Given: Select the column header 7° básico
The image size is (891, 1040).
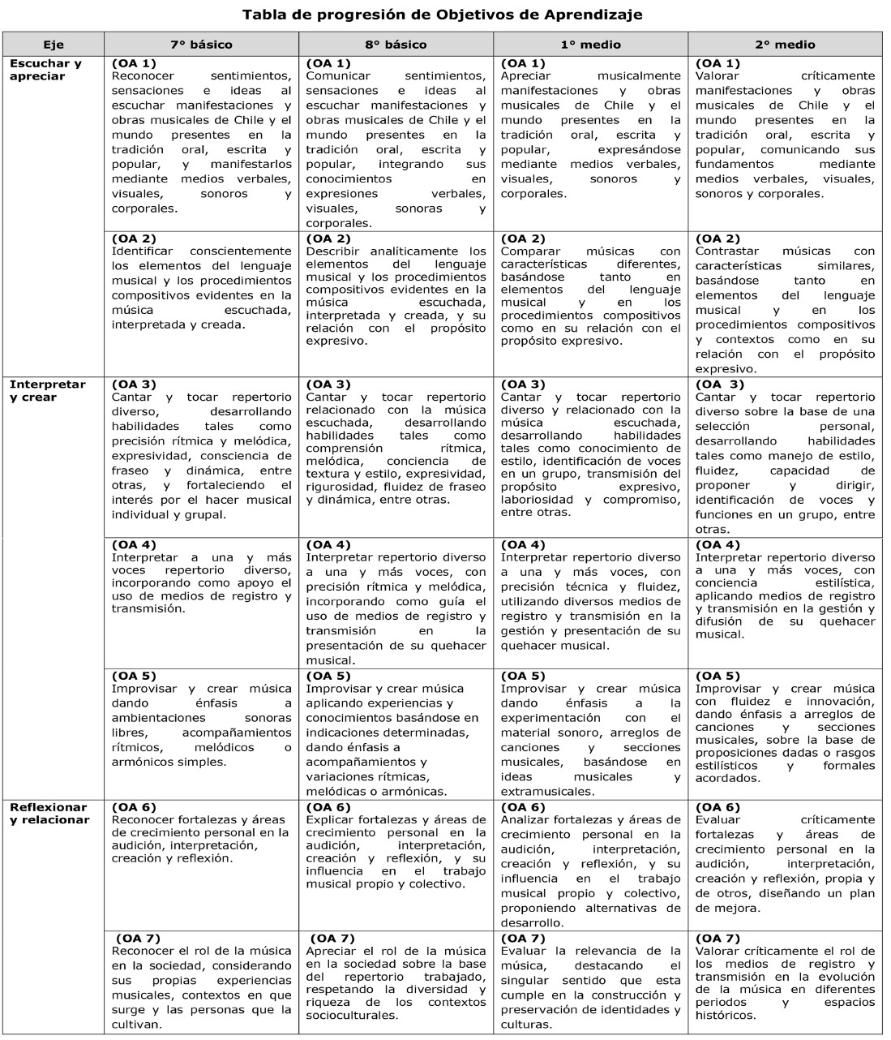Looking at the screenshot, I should point(201,45).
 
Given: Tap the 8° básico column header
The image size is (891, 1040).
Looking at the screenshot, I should point(396,45).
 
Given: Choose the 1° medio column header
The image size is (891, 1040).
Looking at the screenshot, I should point(590,45).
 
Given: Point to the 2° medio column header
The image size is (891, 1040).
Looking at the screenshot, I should point(785,45).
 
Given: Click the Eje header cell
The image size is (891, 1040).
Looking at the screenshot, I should point(54,45).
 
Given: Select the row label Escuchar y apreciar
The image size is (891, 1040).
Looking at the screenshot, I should point(45,70).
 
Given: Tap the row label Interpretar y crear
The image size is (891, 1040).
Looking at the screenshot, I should point(47,391).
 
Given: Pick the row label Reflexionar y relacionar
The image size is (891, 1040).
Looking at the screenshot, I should point(49,814).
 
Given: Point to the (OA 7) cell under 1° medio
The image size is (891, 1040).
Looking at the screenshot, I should point(590,982).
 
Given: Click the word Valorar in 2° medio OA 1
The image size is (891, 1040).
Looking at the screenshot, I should point(717,76).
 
